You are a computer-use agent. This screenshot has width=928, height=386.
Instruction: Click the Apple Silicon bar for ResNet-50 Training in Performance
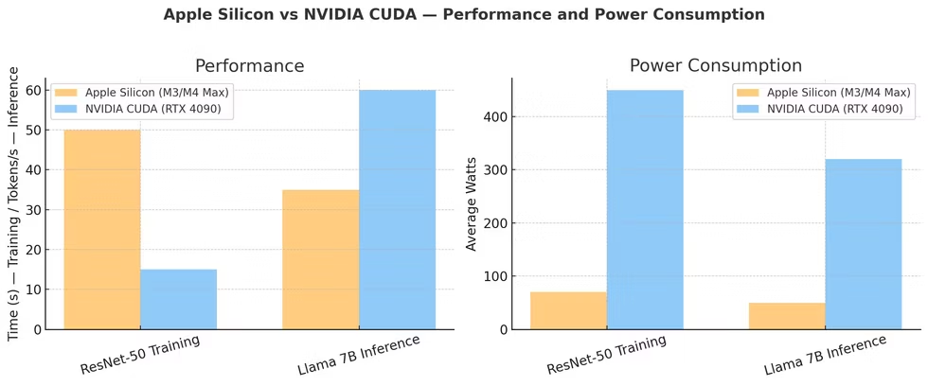101,230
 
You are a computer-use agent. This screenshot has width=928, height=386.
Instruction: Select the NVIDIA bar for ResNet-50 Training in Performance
178,299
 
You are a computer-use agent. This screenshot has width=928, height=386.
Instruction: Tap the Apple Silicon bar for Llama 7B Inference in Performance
320,259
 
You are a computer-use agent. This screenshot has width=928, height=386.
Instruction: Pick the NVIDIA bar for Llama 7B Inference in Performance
397,210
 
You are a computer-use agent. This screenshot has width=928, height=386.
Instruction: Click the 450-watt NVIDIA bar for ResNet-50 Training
645,210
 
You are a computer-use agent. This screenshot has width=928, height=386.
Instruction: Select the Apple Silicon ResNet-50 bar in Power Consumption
568,310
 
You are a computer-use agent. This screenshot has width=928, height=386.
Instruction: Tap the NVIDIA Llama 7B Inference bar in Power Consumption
864,244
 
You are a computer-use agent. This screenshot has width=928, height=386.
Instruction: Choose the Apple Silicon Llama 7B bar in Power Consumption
787,316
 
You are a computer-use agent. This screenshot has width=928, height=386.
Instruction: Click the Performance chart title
249,66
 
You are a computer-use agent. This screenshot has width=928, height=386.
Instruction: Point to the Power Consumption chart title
716,66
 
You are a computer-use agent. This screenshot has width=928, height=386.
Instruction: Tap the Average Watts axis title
472,204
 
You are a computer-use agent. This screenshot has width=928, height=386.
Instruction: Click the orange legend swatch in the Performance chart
66,92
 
